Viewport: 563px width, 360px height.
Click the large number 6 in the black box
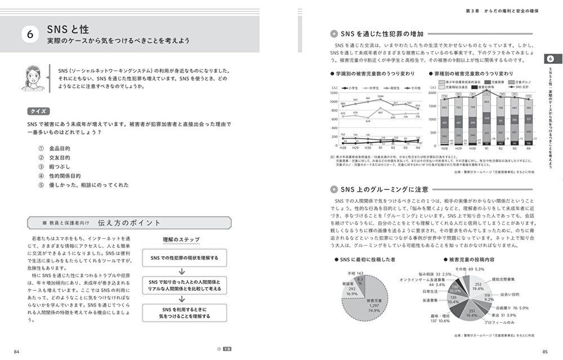(30, 35)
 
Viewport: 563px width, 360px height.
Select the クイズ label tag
(42, 111)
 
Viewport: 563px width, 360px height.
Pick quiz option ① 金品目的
(59, 148)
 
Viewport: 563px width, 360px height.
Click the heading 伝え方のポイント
(129, 223)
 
